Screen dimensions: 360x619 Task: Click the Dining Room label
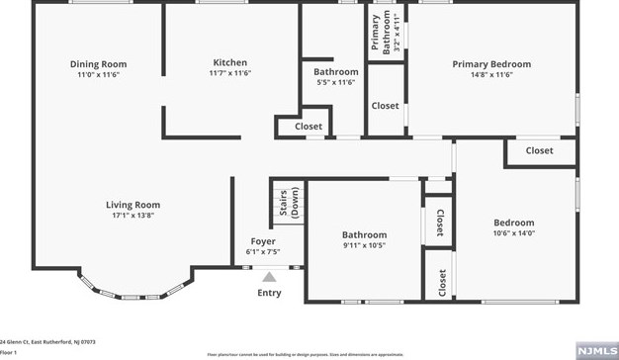pos(98,64)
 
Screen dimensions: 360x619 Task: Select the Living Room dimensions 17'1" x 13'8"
pos(133,215)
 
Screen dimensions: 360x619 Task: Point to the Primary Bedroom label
pos(491,64)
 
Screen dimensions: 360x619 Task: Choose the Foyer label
pos(262,241)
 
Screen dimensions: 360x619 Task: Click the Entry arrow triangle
pos(269,278)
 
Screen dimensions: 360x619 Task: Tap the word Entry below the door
pos(269,293)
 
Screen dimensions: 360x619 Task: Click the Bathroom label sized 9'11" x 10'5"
pos(364,234)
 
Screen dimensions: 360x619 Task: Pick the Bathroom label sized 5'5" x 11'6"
pos(336,72)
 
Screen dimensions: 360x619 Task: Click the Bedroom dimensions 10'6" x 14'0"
pos(513,233)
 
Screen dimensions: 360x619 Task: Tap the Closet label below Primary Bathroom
pos(385,106)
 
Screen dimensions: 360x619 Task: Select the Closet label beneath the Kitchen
pos(309,127)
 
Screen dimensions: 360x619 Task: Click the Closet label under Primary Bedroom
pos(539,150)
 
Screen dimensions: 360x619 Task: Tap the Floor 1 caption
pos(9,351)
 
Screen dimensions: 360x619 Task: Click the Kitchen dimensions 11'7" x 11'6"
pos(229,73)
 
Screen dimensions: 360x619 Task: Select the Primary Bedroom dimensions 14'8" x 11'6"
pos(491,75)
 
